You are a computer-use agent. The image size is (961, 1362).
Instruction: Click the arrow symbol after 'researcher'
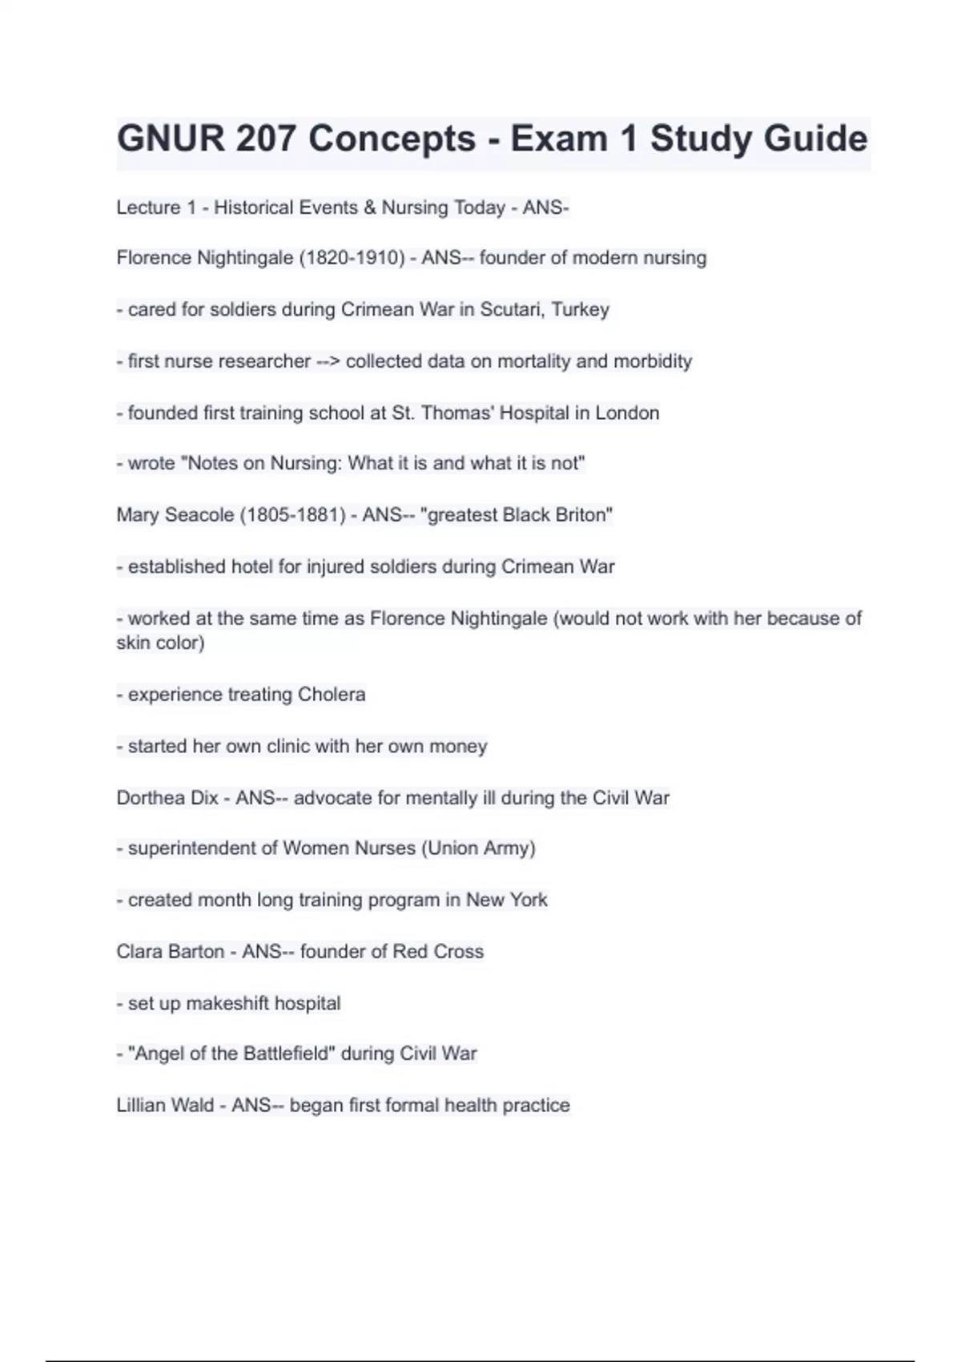pyautogui.click(x=328, y=361)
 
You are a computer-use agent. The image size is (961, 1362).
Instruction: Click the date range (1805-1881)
pyautogui.click(x=292, y=515)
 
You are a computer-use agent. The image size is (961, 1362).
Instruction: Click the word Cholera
pyautogui.click(x=332, y=695)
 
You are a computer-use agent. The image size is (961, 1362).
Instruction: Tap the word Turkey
pyautogui.click(x=581, y=309)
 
